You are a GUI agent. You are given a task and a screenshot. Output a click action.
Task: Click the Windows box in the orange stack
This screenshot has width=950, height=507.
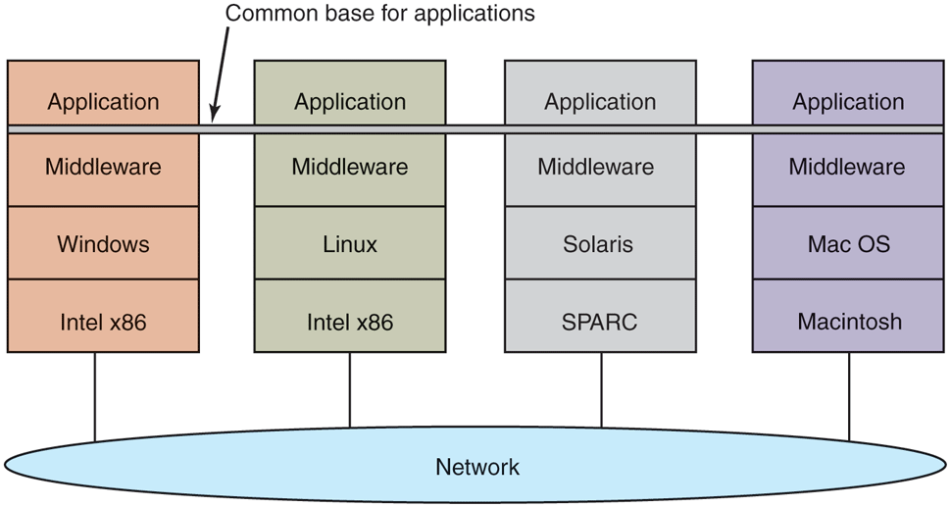(103, 243)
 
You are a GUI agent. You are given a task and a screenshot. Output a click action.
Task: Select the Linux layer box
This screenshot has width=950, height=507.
(350, 243)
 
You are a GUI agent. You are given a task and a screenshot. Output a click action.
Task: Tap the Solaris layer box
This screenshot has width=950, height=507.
(599, 243)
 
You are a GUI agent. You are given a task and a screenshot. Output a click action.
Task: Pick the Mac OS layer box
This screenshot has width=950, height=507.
(848, 243)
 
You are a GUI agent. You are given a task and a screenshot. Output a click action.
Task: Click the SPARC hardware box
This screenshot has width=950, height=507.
(599, 321)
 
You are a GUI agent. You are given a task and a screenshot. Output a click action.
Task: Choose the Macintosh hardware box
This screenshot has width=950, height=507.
(848, 321)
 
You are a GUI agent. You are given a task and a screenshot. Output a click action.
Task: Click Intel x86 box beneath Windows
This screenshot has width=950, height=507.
(103, 321)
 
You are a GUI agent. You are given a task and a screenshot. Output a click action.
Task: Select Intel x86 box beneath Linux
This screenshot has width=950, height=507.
(350, 321)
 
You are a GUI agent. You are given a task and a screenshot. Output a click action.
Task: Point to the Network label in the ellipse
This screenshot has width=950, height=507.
(477, 467)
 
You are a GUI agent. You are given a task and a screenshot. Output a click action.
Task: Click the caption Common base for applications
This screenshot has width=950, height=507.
(380, 14)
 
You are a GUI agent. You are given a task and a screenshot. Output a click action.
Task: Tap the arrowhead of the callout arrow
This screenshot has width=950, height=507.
(214, 120)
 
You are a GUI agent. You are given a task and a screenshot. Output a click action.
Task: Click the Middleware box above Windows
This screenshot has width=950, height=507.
(103, 168)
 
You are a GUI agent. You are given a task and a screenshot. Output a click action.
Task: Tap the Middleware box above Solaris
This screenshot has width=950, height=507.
(599, 168)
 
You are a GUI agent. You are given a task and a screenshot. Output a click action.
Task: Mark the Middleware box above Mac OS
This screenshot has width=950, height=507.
(848, 168)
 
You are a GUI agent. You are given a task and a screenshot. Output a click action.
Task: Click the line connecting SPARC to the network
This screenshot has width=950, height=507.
(601, 389)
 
